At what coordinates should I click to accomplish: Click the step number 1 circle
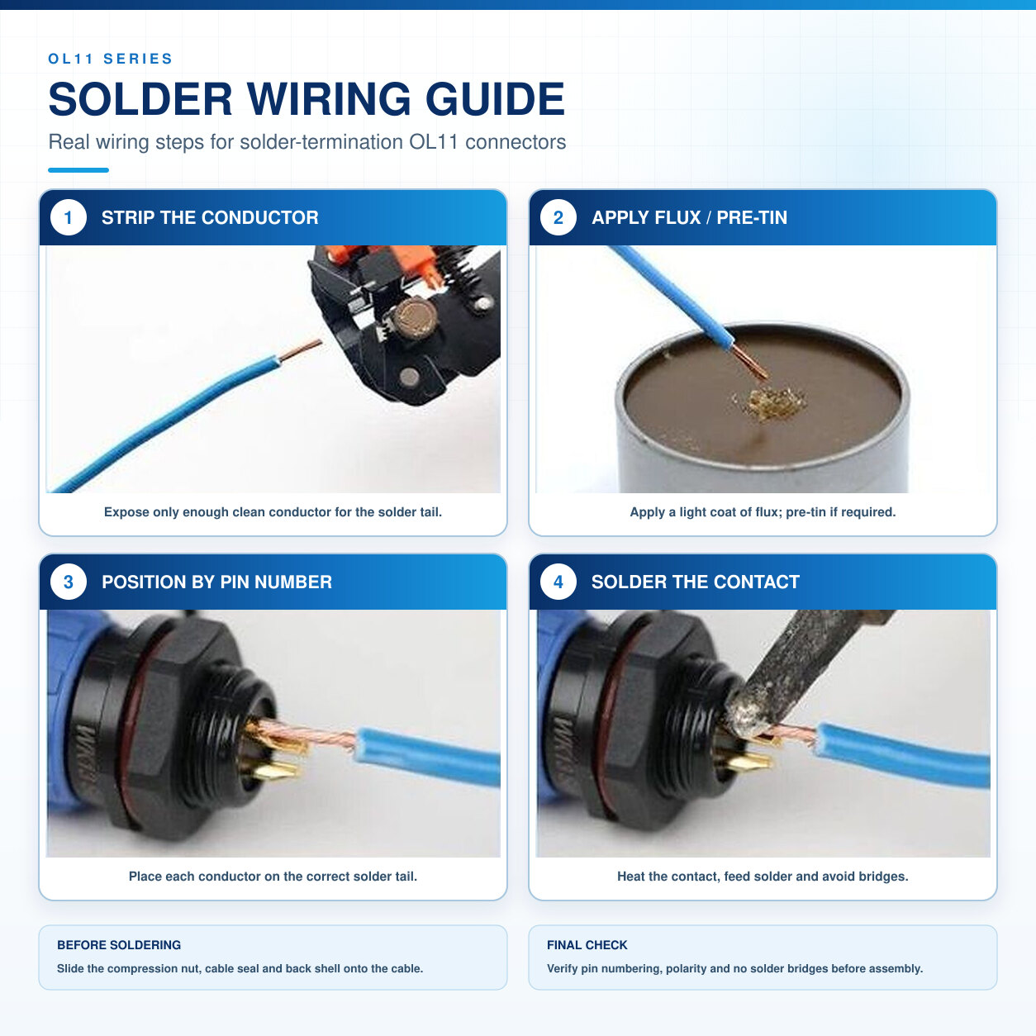tap(69, 218)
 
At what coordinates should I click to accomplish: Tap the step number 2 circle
tap(558, 218)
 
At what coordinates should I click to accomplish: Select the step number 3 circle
tap(69, 582)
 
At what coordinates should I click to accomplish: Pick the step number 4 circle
tap(558, 582)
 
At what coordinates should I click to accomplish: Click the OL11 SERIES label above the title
tap(110, 59)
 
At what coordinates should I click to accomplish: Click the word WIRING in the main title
tap(329, 99)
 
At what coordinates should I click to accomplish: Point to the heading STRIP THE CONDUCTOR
tap(210, 218)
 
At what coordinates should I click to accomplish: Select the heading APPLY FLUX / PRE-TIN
tap(689, 218)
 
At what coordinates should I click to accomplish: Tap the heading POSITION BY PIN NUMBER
tap(216, 582)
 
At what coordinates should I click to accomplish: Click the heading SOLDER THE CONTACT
tap(695, 582)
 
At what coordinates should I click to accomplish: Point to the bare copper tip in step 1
tap(301, 350)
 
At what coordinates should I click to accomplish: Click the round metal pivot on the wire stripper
tap(411, 316)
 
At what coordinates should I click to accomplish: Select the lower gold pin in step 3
tap(272, 772)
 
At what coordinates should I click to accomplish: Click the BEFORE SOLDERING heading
tap(119, 944)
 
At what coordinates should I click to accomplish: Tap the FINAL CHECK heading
tap(587, 944)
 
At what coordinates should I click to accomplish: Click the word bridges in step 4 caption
tap(883, 877)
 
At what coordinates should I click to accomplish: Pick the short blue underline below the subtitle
tap(78, 170)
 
